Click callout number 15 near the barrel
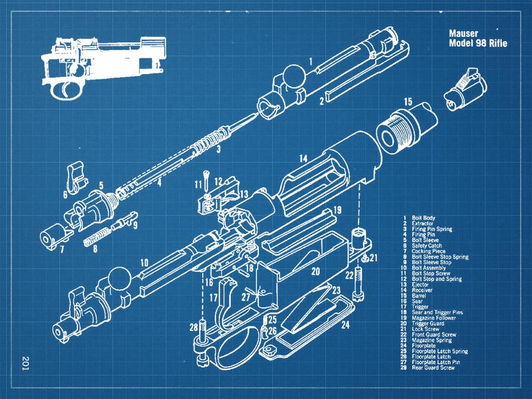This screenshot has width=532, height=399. point(408,102)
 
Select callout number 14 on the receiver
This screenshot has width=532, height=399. point(303,159)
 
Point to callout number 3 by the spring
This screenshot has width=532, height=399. point(219,149)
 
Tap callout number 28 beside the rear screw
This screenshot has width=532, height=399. point(193,327)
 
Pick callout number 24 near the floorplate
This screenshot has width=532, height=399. point(346,325)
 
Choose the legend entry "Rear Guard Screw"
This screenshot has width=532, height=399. point(433,368)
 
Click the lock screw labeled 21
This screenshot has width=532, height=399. point(364,258)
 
